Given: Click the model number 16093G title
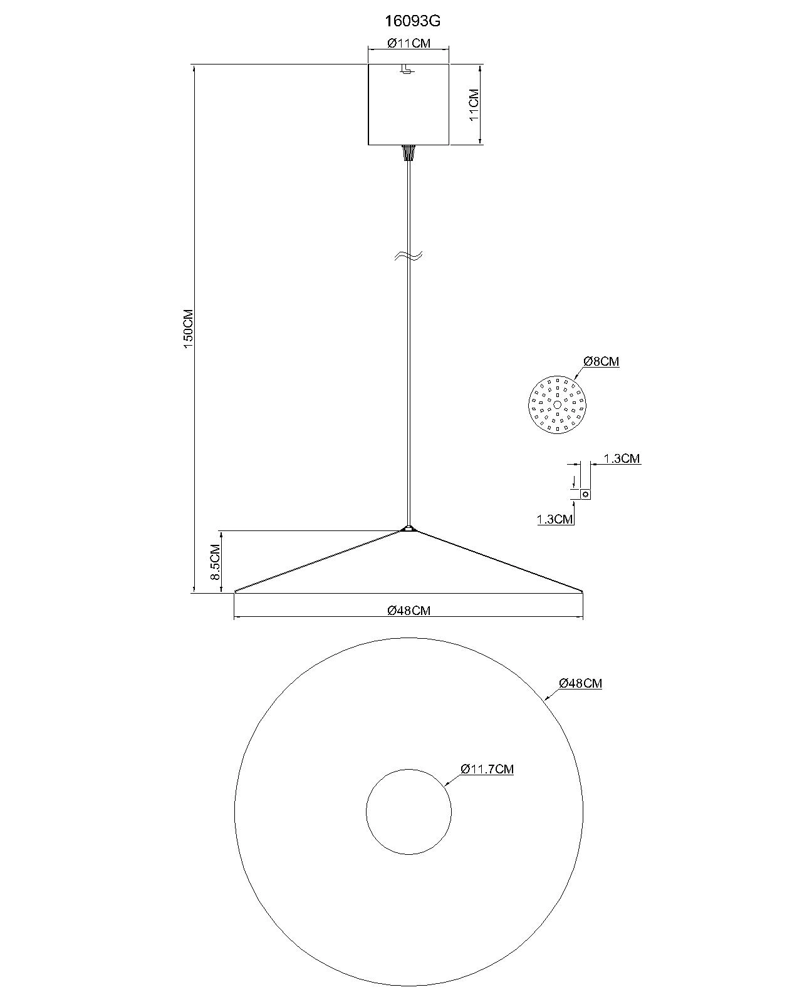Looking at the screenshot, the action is [412, 21].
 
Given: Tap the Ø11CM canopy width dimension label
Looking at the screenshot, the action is [409, 43].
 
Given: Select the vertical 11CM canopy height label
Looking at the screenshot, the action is [474, 105].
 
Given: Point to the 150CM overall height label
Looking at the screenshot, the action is [188, 329].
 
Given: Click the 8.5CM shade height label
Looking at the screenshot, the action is [216, 562].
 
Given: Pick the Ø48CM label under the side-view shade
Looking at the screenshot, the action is [409, 611].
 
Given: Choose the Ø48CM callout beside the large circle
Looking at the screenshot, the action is [580, 683].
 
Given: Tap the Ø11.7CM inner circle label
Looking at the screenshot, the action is [487, 769].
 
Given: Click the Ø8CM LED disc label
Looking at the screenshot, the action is [601, 361].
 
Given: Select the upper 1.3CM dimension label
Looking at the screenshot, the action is [622, 458].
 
